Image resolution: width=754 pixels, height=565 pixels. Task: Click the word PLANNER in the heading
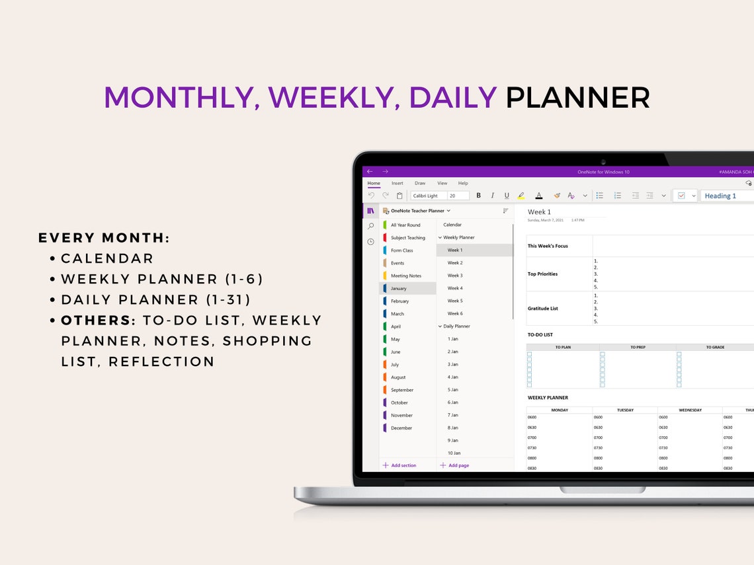click(x=577, y=98)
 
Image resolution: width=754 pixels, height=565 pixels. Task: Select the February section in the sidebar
click(x=399, y=301)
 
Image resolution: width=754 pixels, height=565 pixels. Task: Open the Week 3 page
click(x=455, y=276)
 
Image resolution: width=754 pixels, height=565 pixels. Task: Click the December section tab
click(x=401, y=428)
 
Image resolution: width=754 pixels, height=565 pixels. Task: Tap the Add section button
click(x=399, y=465)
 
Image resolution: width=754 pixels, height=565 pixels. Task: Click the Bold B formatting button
click(x=479, y=196)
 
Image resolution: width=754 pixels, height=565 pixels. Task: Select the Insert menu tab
click(x=397, y=183)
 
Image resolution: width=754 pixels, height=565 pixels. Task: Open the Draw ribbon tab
click(x=420, y=183)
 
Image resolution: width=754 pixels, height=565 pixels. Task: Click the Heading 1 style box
click(x=724, y=196)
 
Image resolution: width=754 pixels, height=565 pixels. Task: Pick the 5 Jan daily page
click(x=453, y=390)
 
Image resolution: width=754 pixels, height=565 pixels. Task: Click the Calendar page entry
click(x=452, y=225)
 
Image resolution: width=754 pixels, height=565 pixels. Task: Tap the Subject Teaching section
click(x=407, y=238)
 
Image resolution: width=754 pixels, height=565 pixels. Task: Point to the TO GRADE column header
click(x=714, y=347)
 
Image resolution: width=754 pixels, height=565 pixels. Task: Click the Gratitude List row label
click(x=544, y=309)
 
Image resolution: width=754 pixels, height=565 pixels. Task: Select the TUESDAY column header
click(x=625, y=410)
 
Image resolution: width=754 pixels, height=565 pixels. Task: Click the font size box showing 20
click(x=458, y=196)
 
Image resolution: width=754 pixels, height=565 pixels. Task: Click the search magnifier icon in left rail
click(x=370, y=226)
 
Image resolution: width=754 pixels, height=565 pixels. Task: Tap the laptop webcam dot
click(x=603, y=161)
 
